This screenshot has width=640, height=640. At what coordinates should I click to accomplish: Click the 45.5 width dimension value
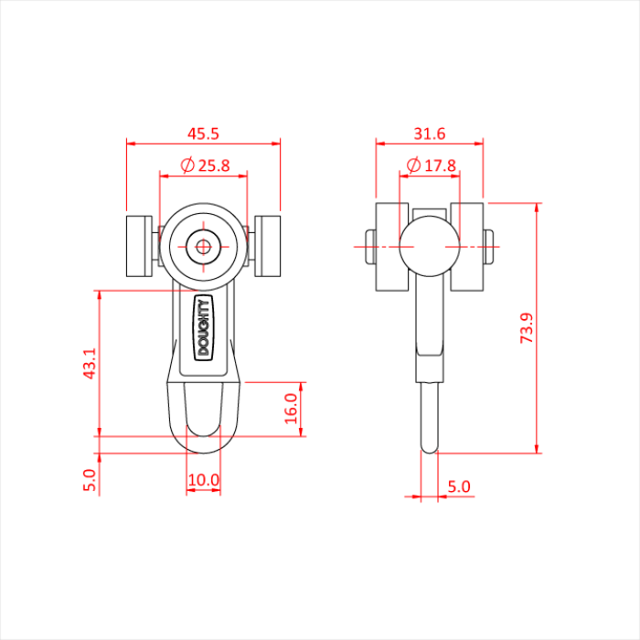203,133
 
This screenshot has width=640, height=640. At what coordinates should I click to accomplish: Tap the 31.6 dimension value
429,133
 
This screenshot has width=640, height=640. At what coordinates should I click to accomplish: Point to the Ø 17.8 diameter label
430,165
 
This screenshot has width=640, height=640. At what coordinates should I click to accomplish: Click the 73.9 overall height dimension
527,327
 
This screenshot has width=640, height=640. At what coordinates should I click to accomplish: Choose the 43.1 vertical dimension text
89,363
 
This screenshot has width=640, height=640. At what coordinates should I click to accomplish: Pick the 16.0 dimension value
291,405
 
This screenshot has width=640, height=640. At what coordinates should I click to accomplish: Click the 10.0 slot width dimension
203,479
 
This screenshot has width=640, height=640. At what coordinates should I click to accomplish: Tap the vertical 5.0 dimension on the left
89,480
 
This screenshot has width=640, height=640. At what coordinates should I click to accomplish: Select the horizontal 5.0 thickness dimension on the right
458,487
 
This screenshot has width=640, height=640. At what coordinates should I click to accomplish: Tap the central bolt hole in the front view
203,245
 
